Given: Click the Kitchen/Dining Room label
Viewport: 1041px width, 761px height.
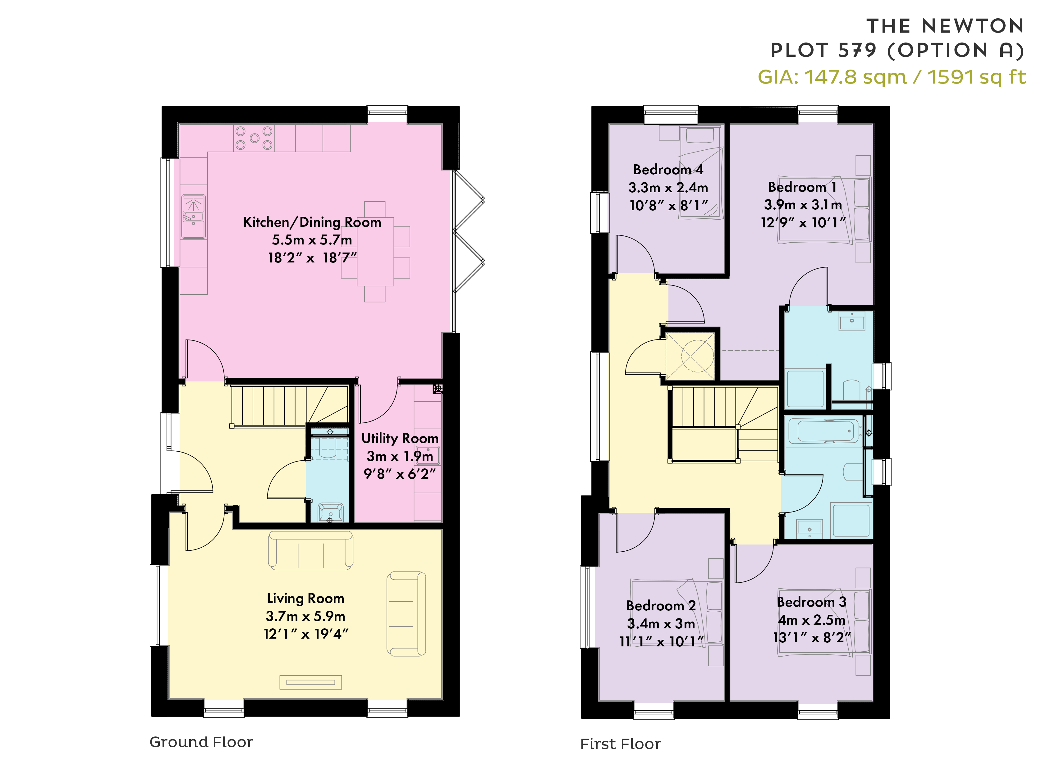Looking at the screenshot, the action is click(x=312, y=222).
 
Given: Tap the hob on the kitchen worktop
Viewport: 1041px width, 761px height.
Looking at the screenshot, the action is click(x=254, y=138).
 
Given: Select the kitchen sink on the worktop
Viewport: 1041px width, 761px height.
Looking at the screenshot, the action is click(x=194, y=216).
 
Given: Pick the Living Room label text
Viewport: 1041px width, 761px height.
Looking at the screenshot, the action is click(x=305, y=598).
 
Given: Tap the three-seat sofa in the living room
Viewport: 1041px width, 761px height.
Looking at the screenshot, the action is click(x=311, y=550).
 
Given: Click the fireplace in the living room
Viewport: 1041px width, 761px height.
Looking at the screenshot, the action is click(x=311, y=682).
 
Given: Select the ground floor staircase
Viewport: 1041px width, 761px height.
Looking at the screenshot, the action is click(x=289, y=405).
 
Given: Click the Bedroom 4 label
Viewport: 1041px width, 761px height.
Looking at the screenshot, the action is click(x=668, y=170).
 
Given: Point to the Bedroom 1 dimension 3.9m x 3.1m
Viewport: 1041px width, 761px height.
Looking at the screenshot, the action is click(x=803, y=204).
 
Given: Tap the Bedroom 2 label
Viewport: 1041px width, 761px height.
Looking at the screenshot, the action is click(x=661, y=605).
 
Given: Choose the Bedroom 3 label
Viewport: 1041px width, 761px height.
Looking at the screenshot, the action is click(x=811, y=602).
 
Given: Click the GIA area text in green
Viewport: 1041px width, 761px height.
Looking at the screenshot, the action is click(x=892, y=77).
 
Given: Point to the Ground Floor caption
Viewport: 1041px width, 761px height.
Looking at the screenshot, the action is click(x=201, y=742).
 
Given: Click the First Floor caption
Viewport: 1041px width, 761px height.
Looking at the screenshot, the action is click(x=620, y=744).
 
